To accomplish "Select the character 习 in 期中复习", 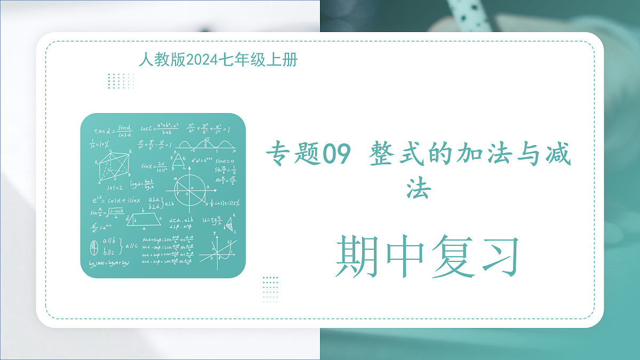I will tap(497, 257).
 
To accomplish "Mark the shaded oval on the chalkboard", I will tap(95, 248).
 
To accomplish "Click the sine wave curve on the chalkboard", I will tap(206, 145).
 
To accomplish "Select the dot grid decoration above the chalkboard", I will tap(121, 81).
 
